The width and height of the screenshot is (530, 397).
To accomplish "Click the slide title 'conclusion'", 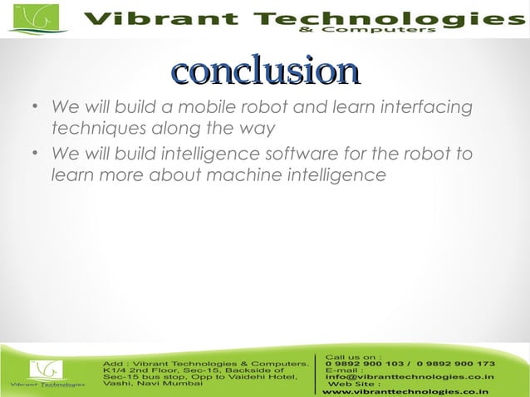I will click(x=264, y=71).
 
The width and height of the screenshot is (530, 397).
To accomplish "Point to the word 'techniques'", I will click(x=93, y=129).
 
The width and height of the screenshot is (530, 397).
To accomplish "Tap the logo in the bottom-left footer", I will click(x=47, y=373).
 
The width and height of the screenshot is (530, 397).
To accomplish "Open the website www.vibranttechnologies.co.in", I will click(x=405, y=390).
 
